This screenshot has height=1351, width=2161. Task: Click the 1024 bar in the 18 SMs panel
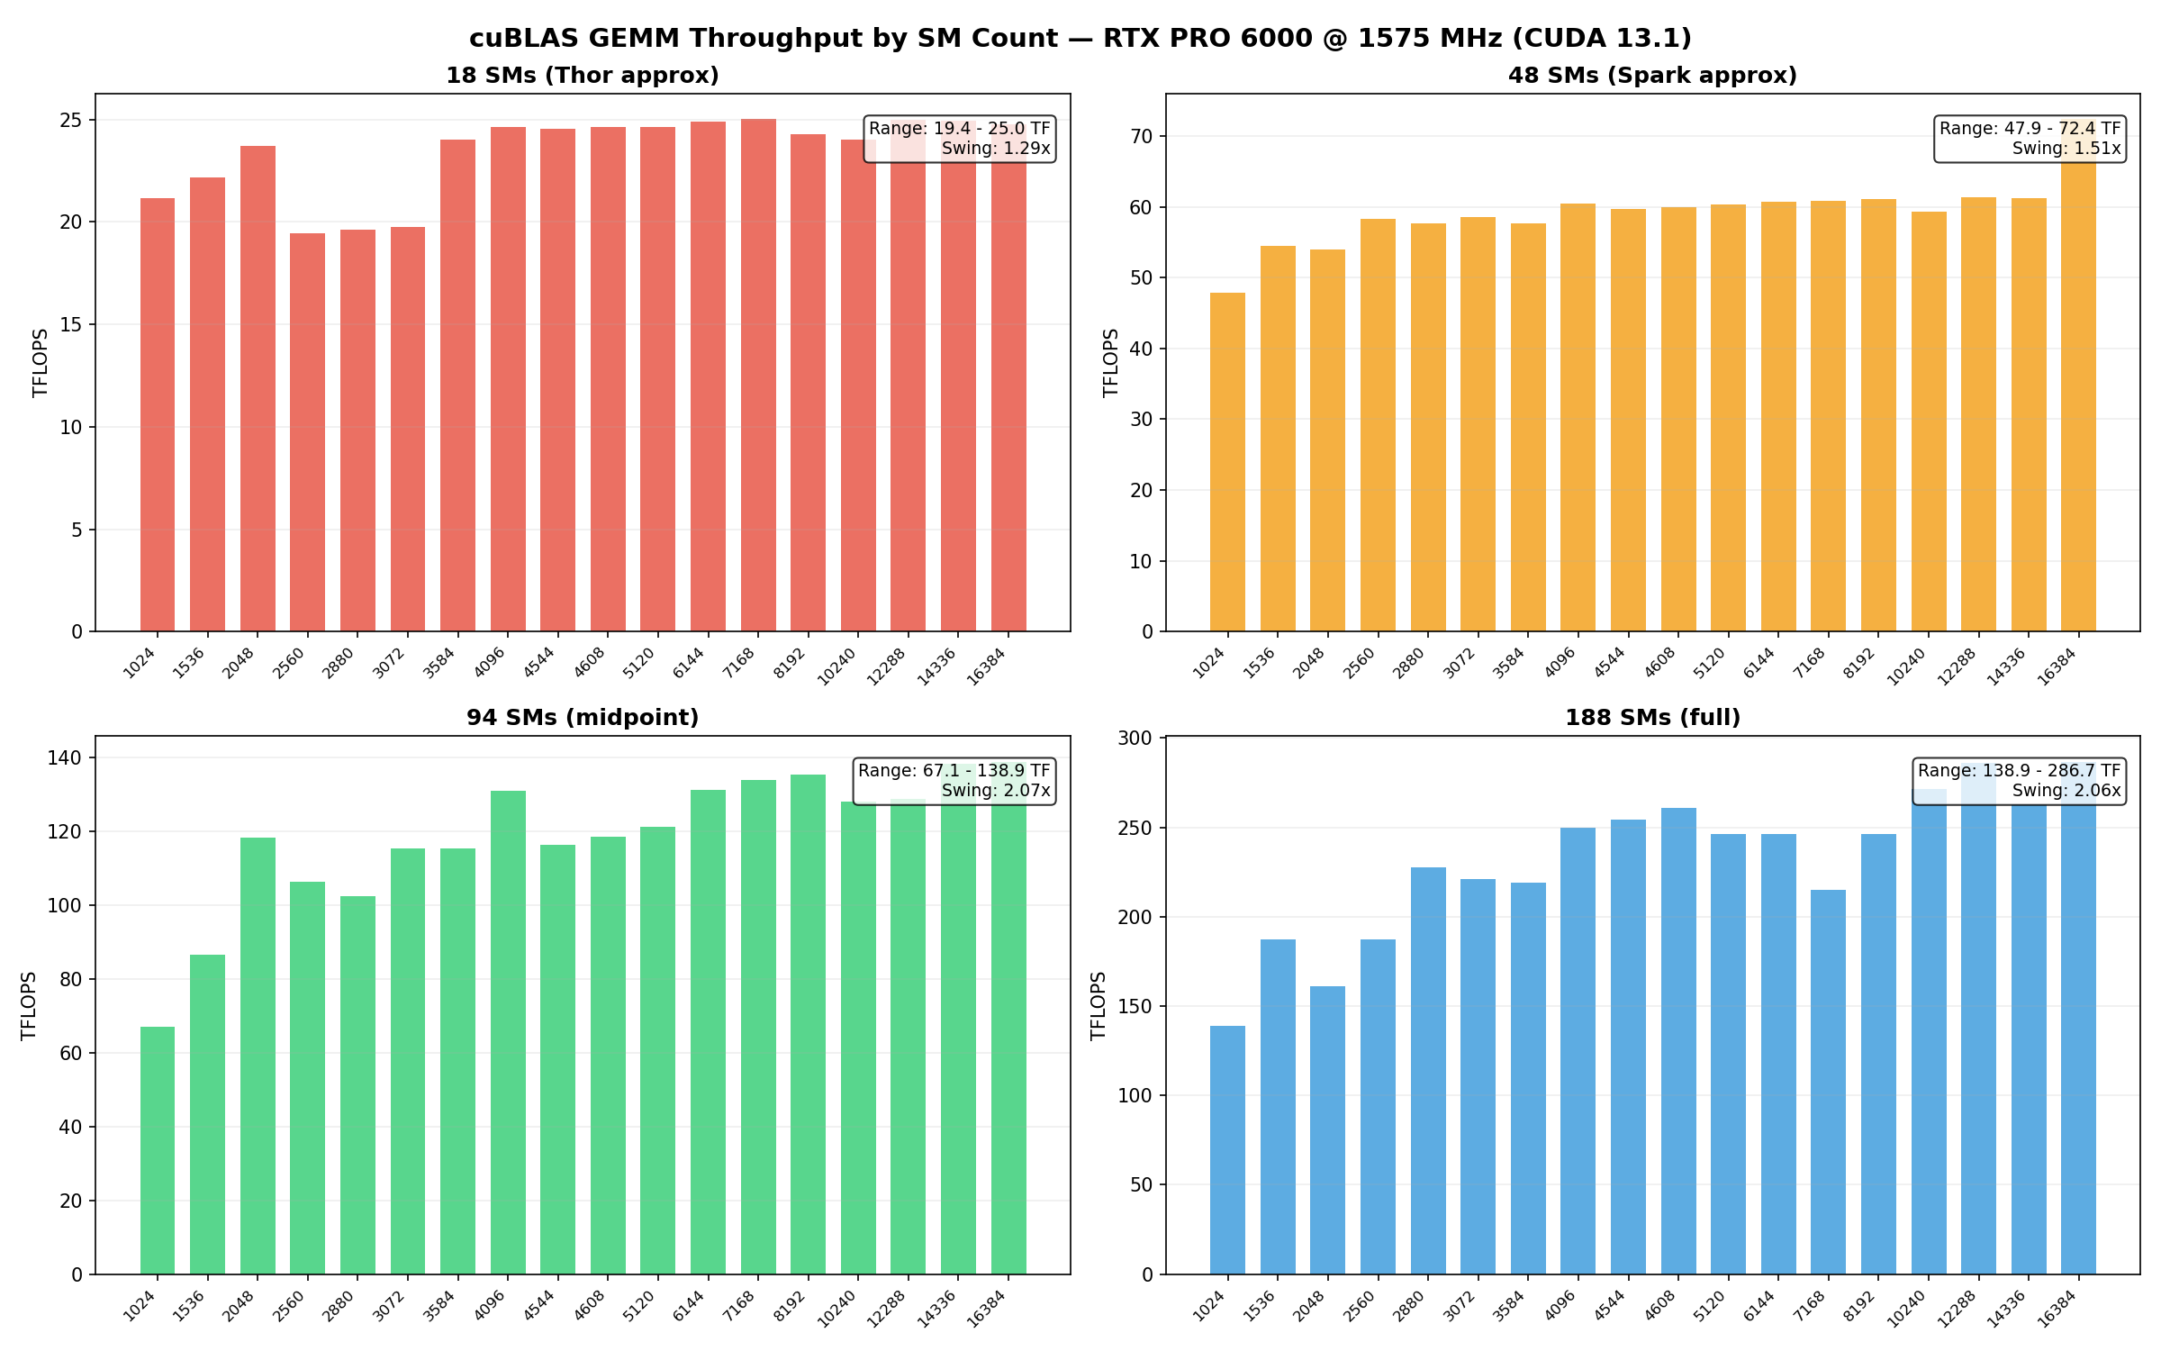point(158,414)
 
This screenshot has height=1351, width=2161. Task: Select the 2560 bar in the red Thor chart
point(307,432)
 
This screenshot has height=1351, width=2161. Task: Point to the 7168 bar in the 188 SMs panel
point(1828,1082)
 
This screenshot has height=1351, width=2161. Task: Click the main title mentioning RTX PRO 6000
point(1080,38)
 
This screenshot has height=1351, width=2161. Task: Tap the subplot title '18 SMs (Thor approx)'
point(583,76)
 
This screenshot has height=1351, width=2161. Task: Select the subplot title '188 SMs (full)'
point(1652,718)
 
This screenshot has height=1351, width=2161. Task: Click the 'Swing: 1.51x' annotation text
point(2066,149)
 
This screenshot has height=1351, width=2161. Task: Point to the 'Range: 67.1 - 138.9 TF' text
point(954,771)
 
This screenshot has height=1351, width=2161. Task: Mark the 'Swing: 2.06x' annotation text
point(2066,791)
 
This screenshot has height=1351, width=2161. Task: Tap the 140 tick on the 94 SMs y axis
point(65,757)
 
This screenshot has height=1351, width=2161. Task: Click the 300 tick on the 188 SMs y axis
point(1135,739)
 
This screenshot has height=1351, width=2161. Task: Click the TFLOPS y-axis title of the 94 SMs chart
point(29,1005)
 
